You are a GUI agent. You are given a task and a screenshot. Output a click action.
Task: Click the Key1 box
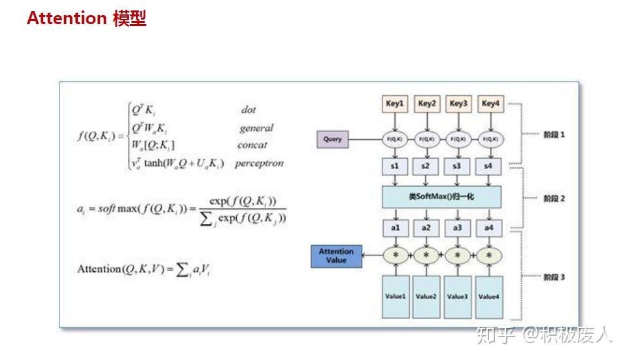(395, 104)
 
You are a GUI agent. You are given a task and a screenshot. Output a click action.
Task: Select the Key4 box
(490, 104)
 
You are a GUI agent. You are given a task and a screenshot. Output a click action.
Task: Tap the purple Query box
(332, 139)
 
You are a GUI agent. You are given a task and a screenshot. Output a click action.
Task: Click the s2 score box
(426, 167)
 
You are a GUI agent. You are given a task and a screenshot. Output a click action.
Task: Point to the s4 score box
(489, 167)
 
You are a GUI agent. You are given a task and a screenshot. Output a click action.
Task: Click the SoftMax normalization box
(441, 197)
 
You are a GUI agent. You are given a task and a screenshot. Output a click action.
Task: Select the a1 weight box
(395, 228)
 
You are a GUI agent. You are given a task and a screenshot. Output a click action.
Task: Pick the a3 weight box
(457, 228)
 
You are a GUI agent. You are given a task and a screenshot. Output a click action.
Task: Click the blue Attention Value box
(336, 256)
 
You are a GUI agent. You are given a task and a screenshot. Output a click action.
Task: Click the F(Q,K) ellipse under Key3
(458, 139)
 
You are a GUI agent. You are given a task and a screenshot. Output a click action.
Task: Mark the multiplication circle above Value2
(426, 255)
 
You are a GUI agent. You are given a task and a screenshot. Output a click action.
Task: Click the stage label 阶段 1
(554, 135)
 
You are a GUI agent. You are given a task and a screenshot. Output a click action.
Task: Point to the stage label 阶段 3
(554, 278)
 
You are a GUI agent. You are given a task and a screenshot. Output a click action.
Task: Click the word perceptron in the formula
(259, 163)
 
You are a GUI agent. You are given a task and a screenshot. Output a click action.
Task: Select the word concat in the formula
(252, 145)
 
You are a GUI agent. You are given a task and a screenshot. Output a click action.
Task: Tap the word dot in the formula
(248, 110)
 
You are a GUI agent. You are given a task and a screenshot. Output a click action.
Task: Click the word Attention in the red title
(66, 18)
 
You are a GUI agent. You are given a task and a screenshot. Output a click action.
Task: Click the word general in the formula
(256, 128)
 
